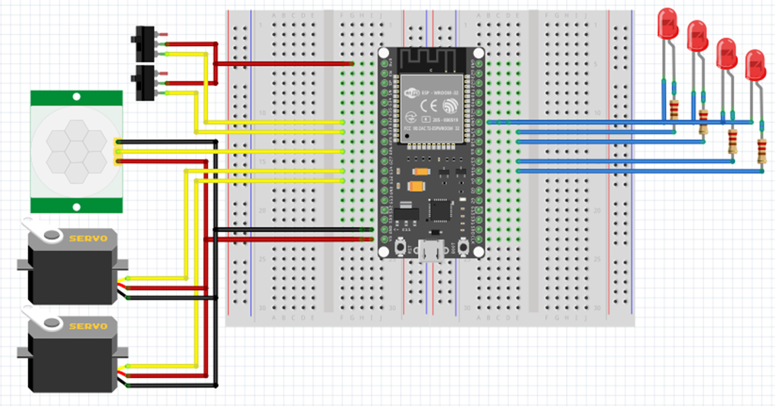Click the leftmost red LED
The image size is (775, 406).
(668, 24)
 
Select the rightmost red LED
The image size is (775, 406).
(755, 64)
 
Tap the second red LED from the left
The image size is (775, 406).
(697, 36)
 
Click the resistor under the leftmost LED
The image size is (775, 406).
(674, 110)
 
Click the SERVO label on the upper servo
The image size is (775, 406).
(88, 239)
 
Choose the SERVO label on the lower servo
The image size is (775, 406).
(88, 326)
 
